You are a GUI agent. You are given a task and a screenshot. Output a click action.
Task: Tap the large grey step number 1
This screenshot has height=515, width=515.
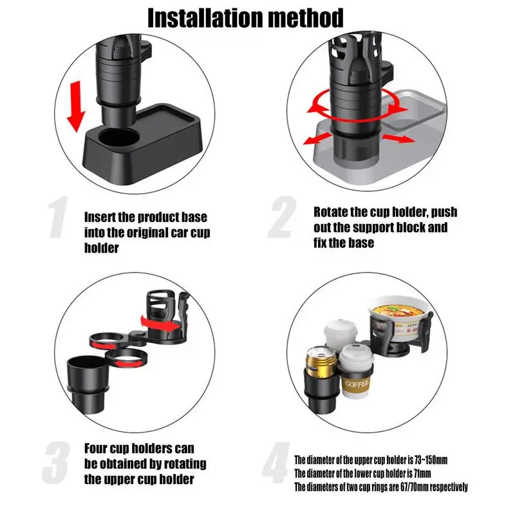[x=58, y=217]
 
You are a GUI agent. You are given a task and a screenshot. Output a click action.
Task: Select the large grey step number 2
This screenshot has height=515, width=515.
[x=282, y=217]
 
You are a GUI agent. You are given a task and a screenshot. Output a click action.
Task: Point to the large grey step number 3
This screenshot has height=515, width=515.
[x=56, y=462]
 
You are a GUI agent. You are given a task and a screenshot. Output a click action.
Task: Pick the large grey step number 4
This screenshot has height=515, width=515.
[x=276, y=462]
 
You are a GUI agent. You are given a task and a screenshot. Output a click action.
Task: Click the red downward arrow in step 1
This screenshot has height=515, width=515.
[x=76, y=106]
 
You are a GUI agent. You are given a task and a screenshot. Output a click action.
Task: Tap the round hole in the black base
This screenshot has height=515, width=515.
[x=119, y=137]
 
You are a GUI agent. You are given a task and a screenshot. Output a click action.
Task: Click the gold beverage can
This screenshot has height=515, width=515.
[x=321, y=364]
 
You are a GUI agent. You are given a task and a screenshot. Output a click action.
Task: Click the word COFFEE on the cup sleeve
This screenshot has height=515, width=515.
[x=357, y=383]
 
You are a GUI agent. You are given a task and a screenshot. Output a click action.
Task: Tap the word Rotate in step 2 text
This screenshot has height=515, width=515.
[x=330, y=212]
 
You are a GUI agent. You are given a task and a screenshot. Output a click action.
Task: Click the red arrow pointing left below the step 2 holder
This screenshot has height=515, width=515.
[x=317, y=139]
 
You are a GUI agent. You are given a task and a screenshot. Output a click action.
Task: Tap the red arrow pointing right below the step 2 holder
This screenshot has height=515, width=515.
[x=398, y=138]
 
